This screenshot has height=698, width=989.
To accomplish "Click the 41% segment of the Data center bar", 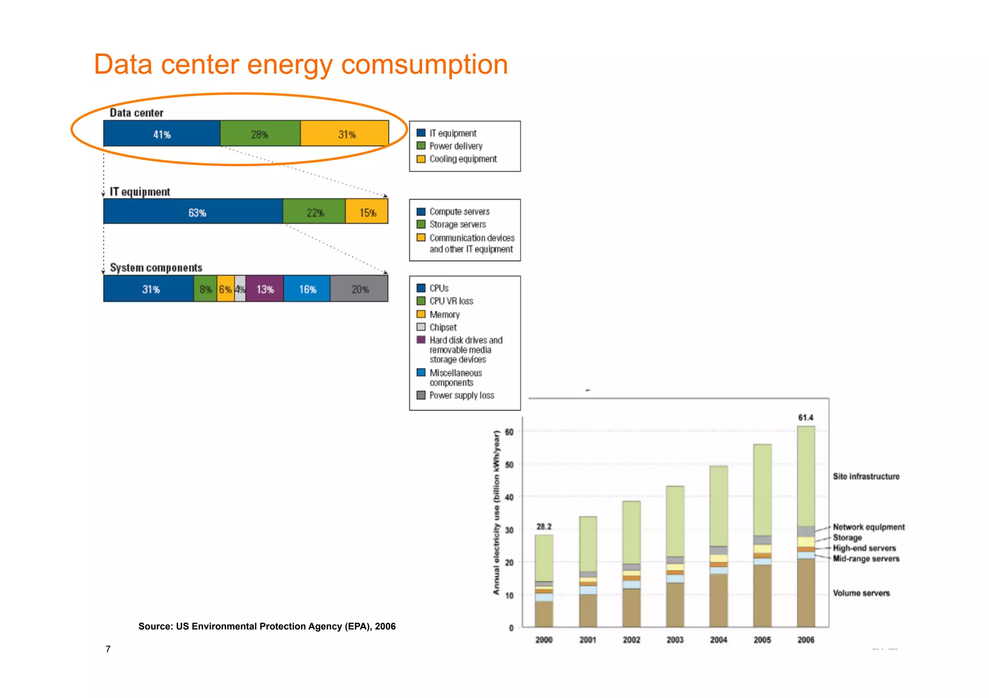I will [162, 134].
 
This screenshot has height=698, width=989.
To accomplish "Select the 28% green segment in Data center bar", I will [260, 134].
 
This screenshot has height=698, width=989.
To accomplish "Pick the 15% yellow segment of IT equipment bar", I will [367, 212].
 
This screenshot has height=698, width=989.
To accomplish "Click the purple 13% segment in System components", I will [265, 289].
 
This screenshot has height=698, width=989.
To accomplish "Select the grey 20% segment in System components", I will [359, 289].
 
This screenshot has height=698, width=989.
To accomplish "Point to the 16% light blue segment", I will [307, 289].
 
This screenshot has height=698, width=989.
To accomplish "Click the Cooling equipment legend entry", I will [462, 159].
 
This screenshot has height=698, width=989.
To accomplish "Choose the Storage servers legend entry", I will [457, 224].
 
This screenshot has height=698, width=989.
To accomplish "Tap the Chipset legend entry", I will [443, 327].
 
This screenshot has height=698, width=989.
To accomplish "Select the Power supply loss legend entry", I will [461, 395].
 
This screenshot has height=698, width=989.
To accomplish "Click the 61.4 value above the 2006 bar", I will [805, 417].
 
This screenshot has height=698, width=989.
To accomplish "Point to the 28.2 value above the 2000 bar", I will [544, 526].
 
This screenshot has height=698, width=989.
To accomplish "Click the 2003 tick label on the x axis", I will [675, 640].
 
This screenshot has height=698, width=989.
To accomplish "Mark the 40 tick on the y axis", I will [509, 497].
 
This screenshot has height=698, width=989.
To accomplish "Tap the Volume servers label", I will [861, 593].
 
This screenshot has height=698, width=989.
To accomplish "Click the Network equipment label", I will [868, 527].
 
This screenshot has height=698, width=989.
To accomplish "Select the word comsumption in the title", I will [424, 65].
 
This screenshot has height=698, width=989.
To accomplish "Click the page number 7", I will [108, 649].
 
